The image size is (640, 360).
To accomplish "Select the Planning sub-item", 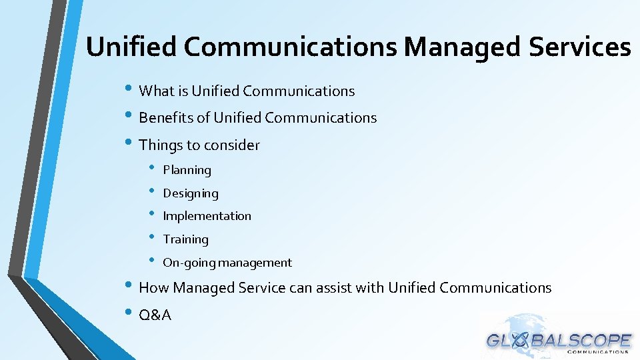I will click(187, 170).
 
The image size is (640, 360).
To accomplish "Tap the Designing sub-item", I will click(191, 193).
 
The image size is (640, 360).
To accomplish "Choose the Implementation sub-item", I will click(207, 216).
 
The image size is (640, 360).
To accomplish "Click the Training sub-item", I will click(185, 239).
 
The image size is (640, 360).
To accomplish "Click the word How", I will click(154, 288).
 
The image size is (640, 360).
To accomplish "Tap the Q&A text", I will click(155, 315).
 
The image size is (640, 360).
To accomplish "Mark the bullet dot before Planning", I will click(153, 168).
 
